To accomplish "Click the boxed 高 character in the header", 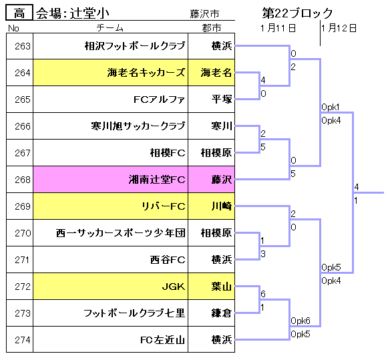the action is coord(19,13).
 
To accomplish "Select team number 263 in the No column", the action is coord(23,46).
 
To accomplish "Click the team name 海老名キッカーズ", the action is coord(146,73).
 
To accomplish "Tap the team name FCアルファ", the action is coord(160,100).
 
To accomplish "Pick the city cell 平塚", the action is coord(222,100).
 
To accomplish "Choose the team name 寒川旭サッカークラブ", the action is coord(138,126).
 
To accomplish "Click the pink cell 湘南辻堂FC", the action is coord(157,180).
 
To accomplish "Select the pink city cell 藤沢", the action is coord(222,180).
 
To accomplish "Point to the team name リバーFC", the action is coord(163,206).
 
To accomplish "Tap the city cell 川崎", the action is coord(222,206).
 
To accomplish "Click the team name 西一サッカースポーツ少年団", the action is coord(121,233).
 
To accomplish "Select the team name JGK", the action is coord(174,287).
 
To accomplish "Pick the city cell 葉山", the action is coord(222,287).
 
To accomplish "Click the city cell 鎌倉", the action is coord(222,313).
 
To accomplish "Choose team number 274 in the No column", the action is coord(23,340).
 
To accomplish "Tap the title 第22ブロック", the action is coord(297,13).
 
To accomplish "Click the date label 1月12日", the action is coord(339,28).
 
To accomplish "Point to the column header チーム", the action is coord(110,27).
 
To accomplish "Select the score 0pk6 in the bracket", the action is coord(301,321).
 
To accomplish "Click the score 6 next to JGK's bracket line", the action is coord(263,294).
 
